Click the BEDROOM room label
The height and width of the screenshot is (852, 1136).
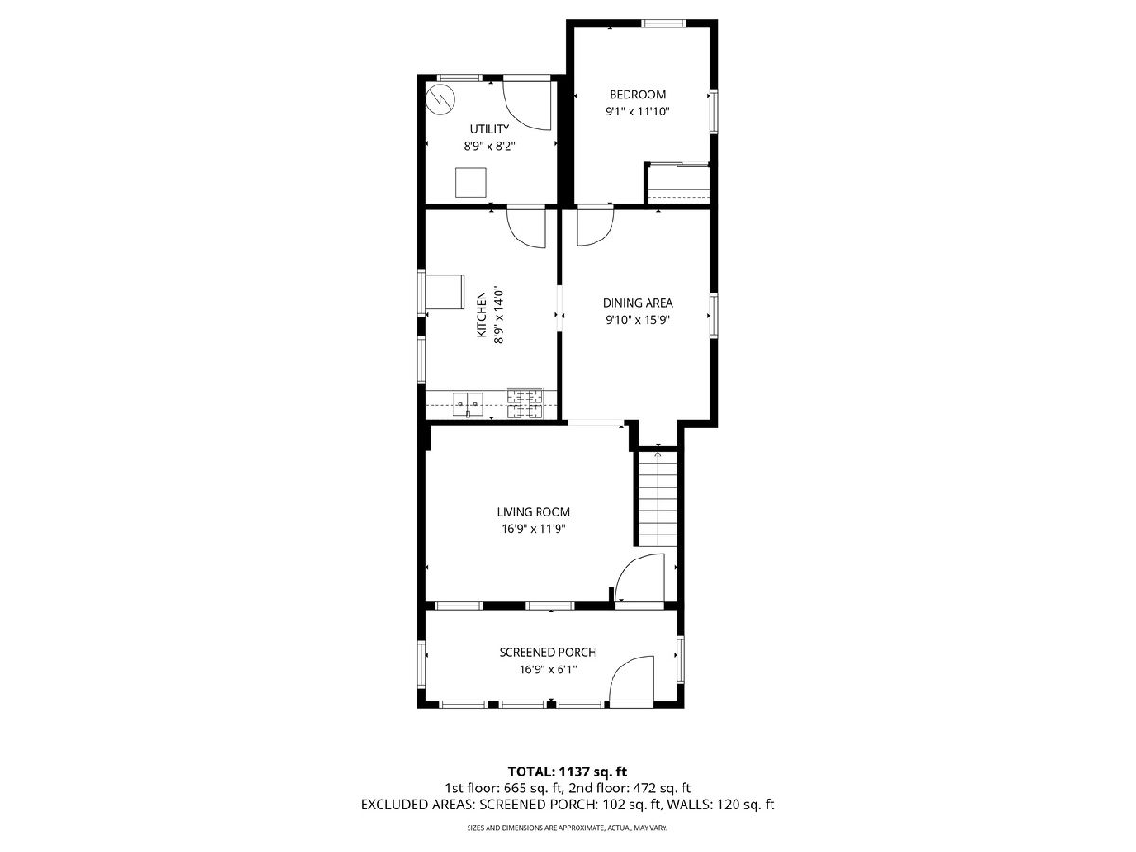point(637,94)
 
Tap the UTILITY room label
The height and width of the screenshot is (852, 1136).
point(489,129)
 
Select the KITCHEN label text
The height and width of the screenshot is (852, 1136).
point(481,315)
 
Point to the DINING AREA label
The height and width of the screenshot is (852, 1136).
point(638,303)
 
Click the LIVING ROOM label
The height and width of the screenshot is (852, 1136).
point(533,512)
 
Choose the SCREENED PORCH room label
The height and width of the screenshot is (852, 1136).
point(547,653)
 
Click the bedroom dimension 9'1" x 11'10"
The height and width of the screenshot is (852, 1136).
point(638,111)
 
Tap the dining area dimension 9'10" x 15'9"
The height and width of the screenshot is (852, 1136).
point(638,320)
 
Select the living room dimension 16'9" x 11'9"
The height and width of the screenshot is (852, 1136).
point(533,529)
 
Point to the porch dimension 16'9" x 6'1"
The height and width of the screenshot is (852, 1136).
point(547,670)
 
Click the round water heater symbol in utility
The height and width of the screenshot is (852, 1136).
point(440,99)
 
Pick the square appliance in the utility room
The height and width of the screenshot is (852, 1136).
point(470,182)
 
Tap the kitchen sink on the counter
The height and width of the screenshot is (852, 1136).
point(105,404)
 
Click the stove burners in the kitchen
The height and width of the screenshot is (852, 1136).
point(525,404)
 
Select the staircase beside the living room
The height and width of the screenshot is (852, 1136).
point(657,499)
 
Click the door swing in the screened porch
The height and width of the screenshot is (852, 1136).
point(630,682)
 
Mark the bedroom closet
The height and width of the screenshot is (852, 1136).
point(679,184)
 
